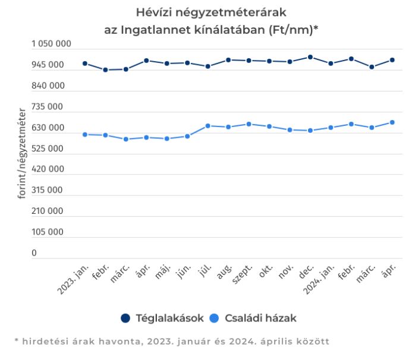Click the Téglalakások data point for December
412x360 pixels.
[310, 57]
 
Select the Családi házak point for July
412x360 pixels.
[207, 126]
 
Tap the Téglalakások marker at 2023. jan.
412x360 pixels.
[84, 64]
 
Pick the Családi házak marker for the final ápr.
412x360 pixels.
[392, 122]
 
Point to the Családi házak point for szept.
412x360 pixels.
[249, 124]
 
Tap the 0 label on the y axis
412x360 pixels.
[34, 253]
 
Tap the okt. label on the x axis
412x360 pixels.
[266, 273]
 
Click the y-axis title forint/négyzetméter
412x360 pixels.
[22, 153]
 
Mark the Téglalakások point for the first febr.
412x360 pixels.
[105, 70]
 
